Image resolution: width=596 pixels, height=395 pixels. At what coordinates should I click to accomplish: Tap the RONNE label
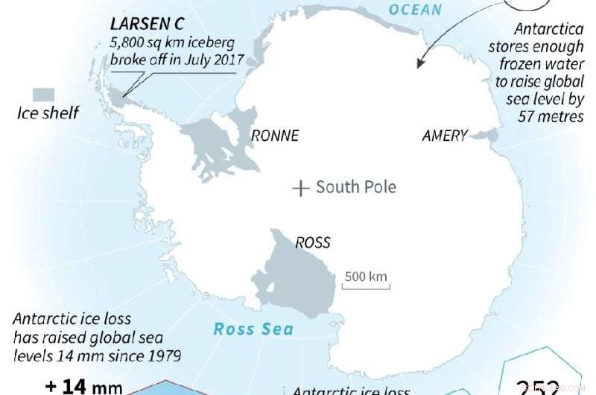(x=274, y=136)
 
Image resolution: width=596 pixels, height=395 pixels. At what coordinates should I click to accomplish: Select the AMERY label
(x=445, y=136)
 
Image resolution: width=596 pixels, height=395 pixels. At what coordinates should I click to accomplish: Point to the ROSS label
(x=312, y=242)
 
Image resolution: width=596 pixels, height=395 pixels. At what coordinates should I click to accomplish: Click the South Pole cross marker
(x=300, y=189)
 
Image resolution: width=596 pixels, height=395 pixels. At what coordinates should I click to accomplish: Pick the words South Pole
(x=356, y=187)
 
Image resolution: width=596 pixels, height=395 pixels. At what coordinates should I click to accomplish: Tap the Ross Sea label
(x=253, y=329)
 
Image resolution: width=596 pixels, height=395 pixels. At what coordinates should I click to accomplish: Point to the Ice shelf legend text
(x=47, y=113)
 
